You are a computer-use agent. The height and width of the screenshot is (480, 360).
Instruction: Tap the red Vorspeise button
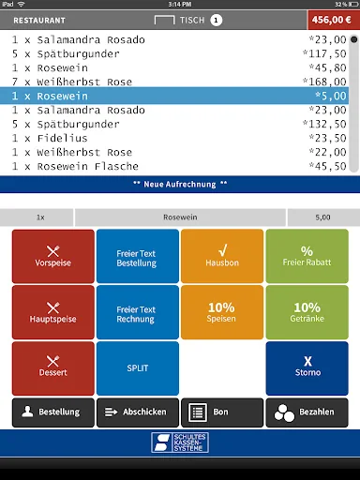pos(53,256)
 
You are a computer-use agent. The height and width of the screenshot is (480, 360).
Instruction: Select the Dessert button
pos(53,368)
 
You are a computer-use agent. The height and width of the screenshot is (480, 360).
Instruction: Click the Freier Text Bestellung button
pos(138,256)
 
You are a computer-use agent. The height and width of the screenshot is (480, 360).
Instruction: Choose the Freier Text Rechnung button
pos(138,312)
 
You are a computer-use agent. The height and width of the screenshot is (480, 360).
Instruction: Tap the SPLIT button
pos(138,368)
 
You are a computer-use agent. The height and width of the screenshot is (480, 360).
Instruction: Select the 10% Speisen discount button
pos(222,312)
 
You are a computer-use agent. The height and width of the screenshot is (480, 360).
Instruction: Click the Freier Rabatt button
pos(307,256)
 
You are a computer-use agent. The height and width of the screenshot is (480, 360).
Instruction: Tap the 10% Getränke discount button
pos(307,312)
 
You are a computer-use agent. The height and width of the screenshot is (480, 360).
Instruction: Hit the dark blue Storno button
pos(307,368)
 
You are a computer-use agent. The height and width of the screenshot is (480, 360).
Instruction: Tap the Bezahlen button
pos(307,412)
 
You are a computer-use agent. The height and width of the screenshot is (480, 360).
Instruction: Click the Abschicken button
pos(138,412)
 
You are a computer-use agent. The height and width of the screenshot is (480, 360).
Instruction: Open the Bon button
pos(222,412)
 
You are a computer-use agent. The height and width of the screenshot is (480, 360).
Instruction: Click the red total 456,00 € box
pos(334,20)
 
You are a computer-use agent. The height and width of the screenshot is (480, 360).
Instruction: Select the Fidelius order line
pos(174,138)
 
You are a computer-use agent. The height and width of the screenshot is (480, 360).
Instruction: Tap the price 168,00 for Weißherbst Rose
pos(324,82)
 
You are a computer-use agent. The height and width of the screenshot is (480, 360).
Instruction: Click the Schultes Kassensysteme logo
pos(180,442)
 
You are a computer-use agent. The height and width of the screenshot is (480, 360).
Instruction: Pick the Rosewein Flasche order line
pos(174,166)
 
